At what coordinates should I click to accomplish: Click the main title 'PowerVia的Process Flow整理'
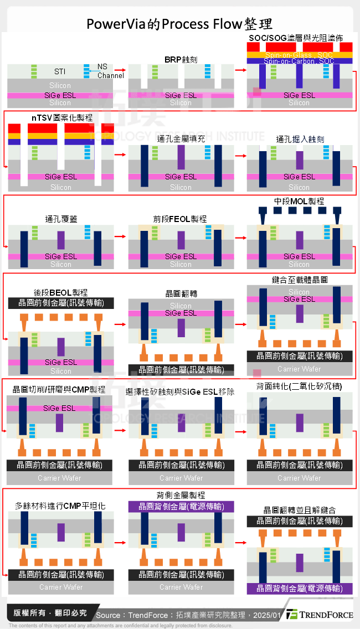tap(179, 24)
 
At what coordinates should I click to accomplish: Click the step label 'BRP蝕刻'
tap(181, 59)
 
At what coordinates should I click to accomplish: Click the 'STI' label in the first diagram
tap(60, 71)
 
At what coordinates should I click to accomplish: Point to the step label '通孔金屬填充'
tap(181, 138)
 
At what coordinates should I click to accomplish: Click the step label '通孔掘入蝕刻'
tap(300, 138)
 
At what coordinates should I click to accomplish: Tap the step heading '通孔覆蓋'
tap(61, 219)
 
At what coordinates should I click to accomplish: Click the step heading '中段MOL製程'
tap(299, 201)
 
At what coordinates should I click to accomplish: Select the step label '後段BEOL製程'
tap(61, 292)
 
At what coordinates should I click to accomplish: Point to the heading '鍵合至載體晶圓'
tap(300, 280)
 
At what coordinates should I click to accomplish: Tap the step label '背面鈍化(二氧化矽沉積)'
tap(299, 386)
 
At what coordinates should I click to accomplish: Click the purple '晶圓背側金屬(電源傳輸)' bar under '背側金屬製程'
tap(181, 506)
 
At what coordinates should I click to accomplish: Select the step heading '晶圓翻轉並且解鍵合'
tap(300, 509)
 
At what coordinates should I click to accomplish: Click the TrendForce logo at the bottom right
tap(320, 614)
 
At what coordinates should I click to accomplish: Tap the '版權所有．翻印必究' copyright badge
tap(50, 612)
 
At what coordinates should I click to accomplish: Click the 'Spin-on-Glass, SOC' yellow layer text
tap(299, 55)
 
